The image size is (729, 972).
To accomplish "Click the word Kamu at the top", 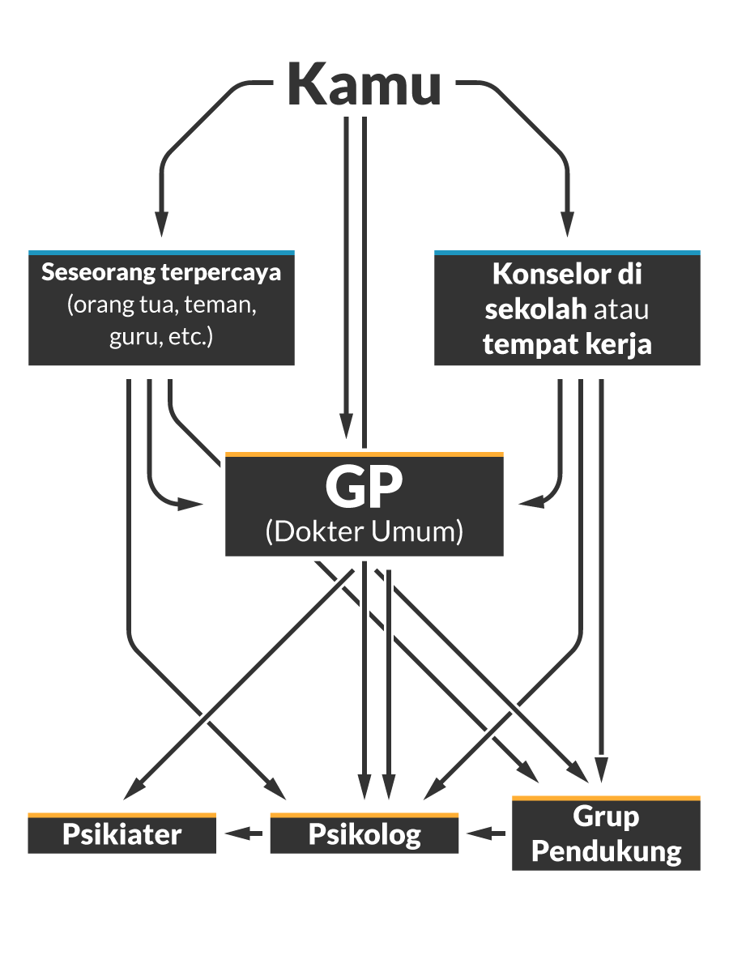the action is click(x=364, y=84).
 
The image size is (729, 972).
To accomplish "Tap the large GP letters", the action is click(x=364, y=488).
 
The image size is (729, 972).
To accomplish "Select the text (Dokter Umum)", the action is click(x=364, y=531).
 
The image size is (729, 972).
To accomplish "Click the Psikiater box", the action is click(x=122, y=833).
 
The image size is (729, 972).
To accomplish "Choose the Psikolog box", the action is click(x=364, y=833).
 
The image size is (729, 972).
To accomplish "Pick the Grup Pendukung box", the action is click(x=606, y=833).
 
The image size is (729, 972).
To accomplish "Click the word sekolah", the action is click(x=535, y=309).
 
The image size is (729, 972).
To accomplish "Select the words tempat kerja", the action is click(x=567, y=344).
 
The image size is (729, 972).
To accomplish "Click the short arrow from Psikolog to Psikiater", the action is click(x=244, y=833).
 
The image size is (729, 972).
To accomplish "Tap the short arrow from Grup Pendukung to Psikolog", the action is click(x=485, y=833).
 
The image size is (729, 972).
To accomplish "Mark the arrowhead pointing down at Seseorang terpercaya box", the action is click(x=161, y=224).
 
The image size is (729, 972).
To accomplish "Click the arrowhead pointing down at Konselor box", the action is click(x=568, y=224).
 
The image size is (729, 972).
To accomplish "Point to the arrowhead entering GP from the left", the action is click(x=190, y=504).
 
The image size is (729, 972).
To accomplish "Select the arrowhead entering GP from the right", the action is click(x=531, y=504).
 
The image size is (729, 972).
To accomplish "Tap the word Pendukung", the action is click(x=606, y=850).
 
